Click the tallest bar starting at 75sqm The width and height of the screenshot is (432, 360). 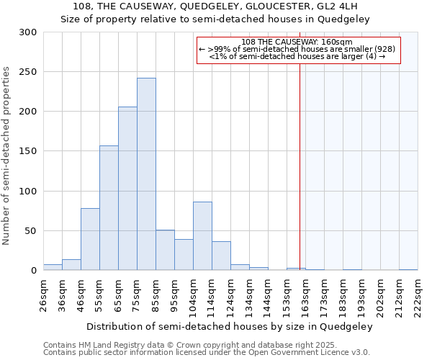click(146, 174)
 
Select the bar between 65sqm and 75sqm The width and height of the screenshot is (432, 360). click(127, 189)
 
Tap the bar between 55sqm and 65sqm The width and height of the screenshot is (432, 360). click(109, 208)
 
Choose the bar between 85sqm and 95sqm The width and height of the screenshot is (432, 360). click(165, 250)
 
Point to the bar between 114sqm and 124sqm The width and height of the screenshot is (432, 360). click(221, 256)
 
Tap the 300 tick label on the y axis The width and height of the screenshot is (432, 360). click(28, 32)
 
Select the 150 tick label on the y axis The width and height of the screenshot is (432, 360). click(28, 151)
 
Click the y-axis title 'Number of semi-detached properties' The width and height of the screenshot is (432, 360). click(7, 156)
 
